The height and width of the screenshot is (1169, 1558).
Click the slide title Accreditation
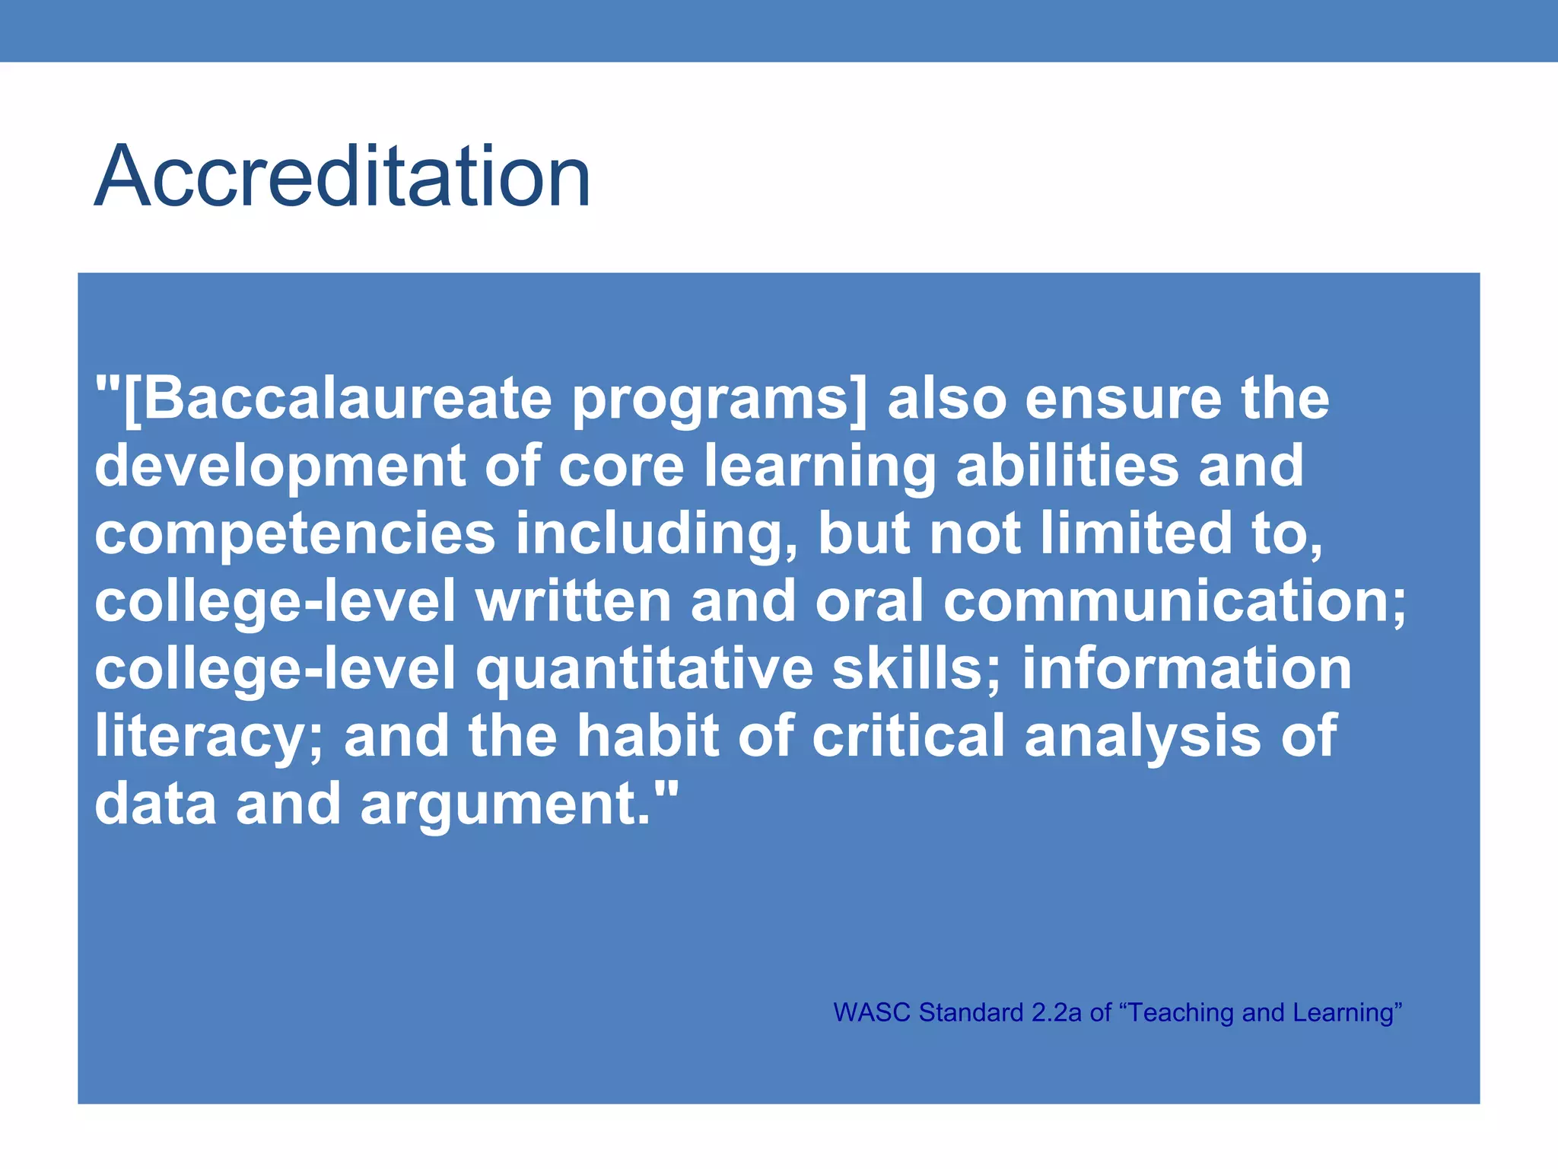click(x=342, y=177)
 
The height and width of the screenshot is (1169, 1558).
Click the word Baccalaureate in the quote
click(x=346, y=399)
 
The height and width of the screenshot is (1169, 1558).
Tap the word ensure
click(x=1123, y=399)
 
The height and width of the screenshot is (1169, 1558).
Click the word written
click(x=573, y=601)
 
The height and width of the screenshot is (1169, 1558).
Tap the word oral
click(x=869, y=601)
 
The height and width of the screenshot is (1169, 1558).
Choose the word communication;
click(x=1175, y=601)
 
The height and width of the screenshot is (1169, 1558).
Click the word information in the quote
click(x=1186, y=668)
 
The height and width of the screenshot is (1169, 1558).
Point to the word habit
click(x=647, y=735)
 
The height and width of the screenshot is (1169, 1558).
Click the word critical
click(x=908, y=735)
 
